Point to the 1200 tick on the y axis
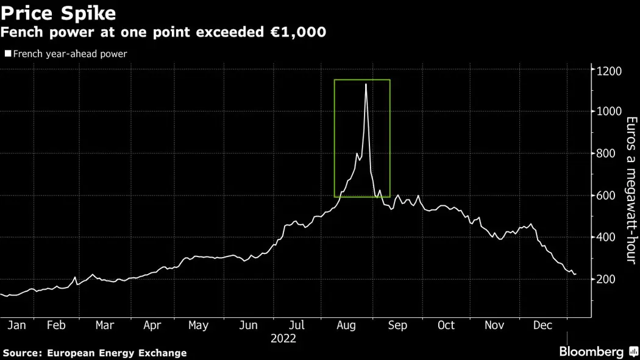[609, 71]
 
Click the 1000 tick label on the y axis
[609, 111]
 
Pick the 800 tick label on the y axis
[607, 154]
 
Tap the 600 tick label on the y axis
[607, 196]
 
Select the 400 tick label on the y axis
[607, 237]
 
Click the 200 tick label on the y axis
[607, 279]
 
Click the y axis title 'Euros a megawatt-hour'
[631, 190]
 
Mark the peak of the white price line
[366, 84]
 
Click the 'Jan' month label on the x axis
[16, 325]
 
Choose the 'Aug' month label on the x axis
[346, 325]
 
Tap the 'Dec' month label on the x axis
[542, 325]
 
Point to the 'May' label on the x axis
[198, 325]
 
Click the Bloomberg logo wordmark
[591, 351]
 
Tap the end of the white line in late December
[575, 274]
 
